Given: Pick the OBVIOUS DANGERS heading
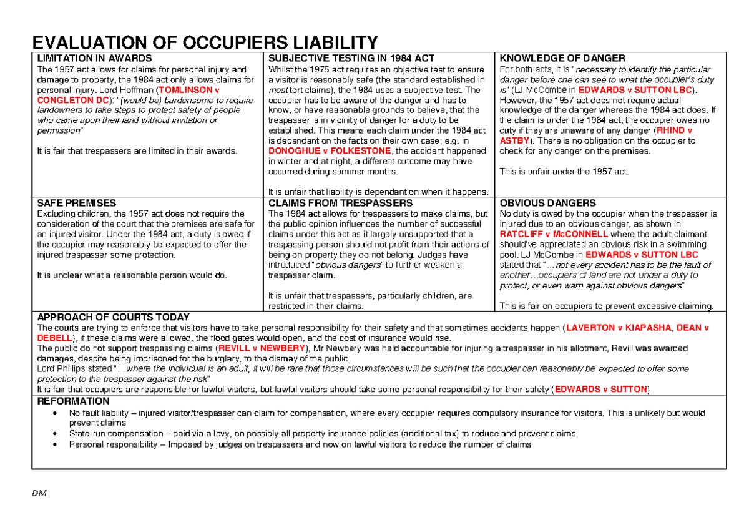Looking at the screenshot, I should pyautogui.click(x=548, y=204).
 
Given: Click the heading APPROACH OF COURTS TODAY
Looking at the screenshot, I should pyautogui.click(x=114, y=318).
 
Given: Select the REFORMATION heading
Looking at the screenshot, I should pyautogui.click(x=74, y=401).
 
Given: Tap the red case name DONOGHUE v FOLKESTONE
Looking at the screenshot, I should pyautogui.click(x=329, y=151).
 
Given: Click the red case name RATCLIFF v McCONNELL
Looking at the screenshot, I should pyautogui.click(x=554, y=234).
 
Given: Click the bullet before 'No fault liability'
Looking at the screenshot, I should pyautogui.click(x=57, y=413).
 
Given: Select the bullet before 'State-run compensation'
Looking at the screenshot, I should pyautogui.click(x=57, y=434).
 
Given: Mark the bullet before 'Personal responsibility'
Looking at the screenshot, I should pyautogui.click(x=57, y=444).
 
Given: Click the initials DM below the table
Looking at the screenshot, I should pyautogui.click(x=41, y=493).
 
